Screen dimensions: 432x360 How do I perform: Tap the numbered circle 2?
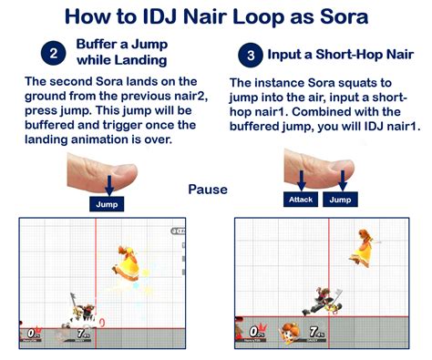54,54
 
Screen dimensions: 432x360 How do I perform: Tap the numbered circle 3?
251,56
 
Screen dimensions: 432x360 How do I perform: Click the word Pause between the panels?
208,190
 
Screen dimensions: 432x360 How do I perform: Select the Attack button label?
301,200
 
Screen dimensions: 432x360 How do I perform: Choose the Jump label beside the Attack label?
340,200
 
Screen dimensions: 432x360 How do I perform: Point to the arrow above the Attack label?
302,180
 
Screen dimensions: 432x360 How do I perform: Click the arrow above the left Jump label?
109,185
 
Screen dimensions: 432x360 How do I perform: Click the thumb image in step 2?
102,172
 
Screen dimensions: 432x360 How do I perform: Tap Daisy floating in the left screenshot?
126,263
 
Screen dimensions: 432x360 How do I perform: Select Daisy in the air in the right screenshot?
363,248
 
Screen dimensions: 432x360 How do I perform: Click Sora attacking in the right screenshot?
323,302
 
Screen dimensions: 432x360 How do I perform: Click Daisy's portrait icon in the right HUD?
290,333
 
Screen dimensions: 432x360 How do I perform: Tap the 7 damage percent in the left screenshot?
82,334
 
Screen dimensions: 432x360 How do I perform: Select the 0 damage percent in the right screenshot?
255,331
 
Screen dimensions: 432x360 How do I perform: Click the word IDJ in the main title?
159,16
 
